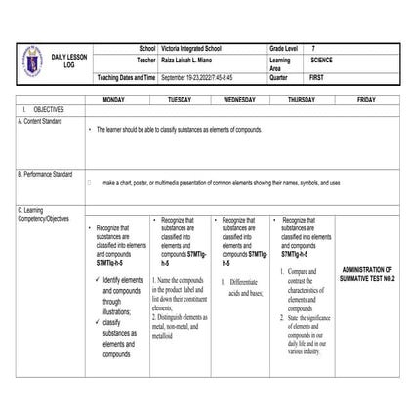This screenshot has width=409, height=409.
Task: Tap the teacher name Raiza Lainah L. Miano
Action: coord(191,61)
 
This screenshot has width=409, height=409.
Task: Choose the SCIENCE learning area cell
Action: coord(321,61)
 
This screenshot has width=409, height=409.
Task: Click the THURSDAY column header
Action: coord(302,100)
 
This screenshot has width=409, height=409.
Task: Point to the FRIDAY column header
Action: coord(366,100)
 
